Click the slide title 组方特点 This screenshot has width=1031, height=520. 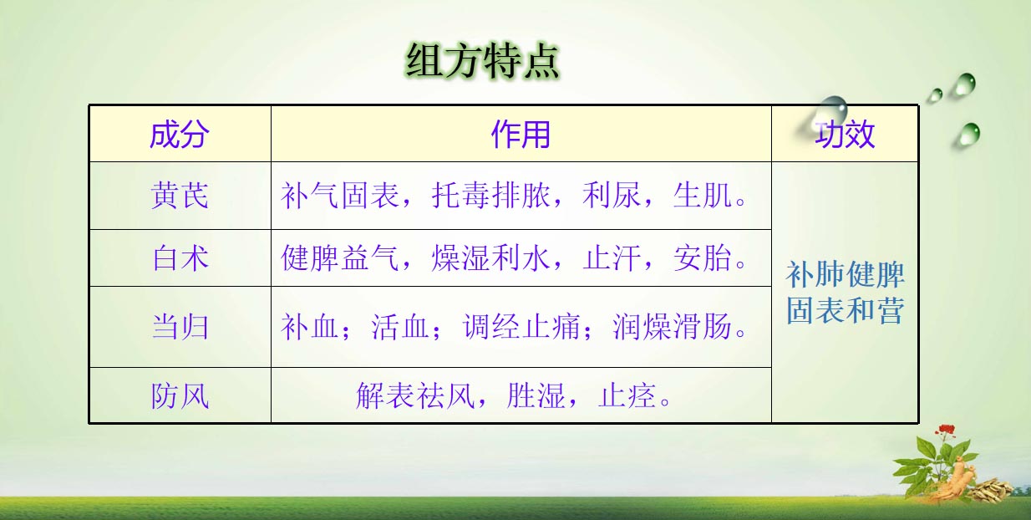482,61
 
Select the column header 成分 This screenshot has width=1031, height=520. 180,135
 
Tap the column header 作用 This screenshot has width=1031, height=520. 521,135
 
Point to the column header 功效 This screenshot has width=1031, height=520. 845,135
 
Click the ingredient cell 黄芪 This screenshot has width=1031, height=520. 180,196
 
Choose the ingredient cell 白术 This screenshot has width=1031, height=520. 180,257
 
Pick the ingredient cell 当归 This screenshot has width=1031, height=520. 180,327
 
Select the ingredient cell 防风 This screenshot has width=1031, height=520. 180,395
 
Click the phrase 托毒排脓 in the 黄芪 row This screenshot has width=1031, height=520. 490,196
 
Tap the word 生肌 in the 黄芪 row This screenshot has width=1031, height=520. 702,196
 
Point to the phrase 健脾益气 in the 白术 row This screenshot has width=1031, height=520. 340,257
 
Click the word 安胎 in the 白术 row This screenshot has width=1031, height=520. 702,257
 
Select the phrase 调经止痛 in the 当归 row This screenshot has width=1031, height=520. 521,327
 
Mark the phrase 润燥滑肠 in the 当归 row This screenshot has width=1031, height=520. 672,327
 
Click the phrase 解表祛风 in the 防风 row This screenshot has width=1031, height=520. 415,395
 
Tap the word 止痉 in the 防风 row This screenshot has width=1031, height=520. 627,395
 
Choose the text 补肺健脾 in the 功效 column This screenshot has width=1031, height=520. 845,274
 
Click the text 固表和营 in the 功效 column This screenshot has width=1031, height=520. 845,310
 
